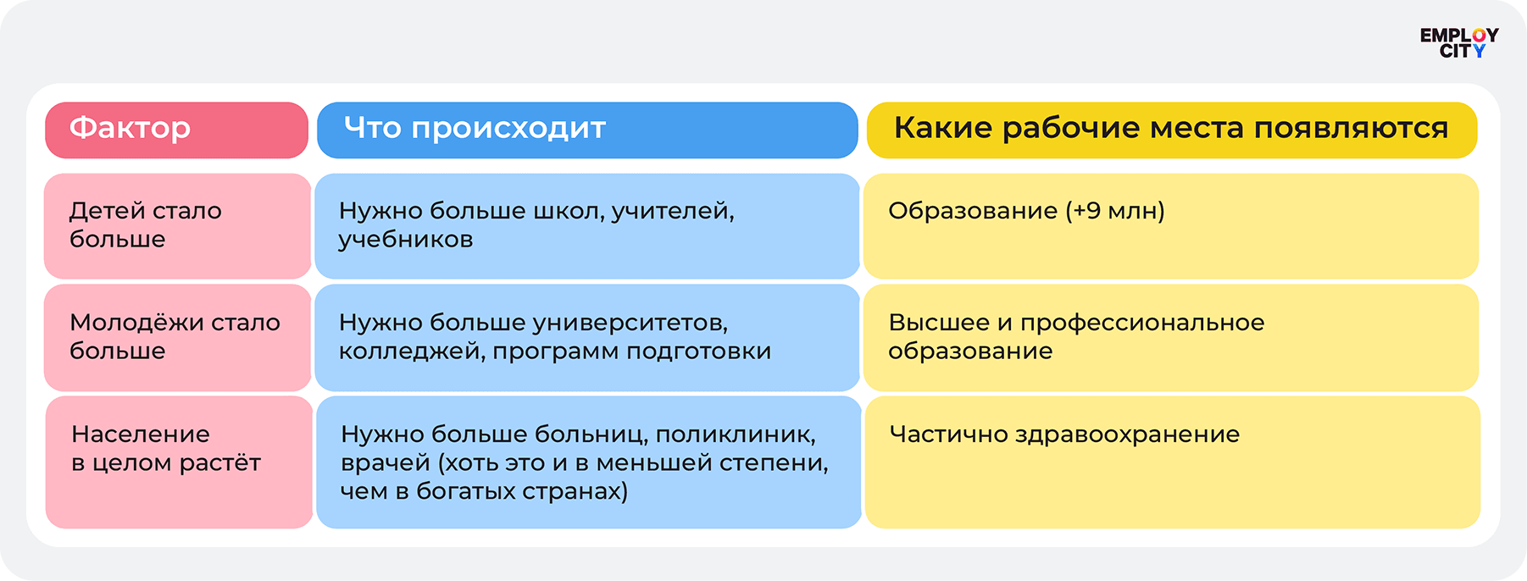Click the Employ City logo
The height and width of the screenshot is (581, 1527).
[x=1458, y=43]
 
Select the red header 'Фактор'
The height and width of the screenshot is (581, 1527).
[x=176, y=130]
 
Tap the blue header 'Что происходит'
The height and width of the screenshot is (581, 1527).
[x=587, y=130]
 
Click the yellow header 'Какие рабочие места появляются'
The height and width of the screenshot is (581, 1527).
[x=1172, y=130]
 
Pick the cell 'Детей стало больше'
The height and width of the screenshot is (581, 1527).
[x=177, y=226]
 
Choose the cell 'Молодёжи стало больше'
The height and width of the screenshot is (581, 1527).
[x=177, y=337]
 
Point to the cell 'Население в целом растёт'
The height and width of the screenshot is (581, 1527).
[x=179, y=462]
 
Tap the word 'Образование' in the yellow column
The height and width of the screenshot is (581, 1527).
[x=973, y=212]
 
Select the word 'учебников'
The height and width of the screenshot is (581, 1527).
[x=406, y=241]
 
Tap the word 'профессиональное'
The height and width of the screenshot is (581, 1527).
[x=1142, y=324]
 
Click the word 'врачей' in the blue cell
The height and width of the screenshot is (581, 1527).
[x=386, y=464]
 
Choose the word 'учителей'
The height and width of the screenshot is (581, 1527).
[x=673, y=212]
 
